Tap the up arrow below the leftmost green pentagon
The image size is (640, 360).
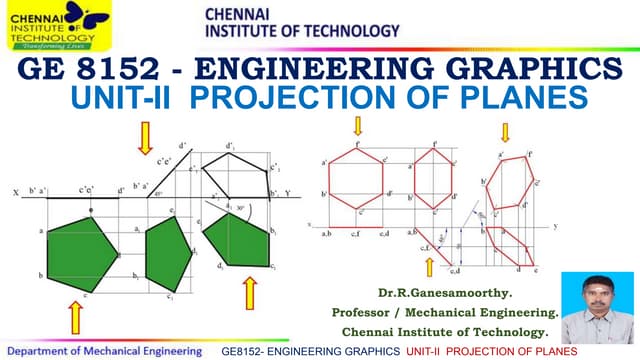click(76, 318)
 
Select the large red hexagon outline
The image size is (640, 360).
click(359, 181)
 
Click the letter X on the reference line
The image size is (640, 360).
click(12, 190)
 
